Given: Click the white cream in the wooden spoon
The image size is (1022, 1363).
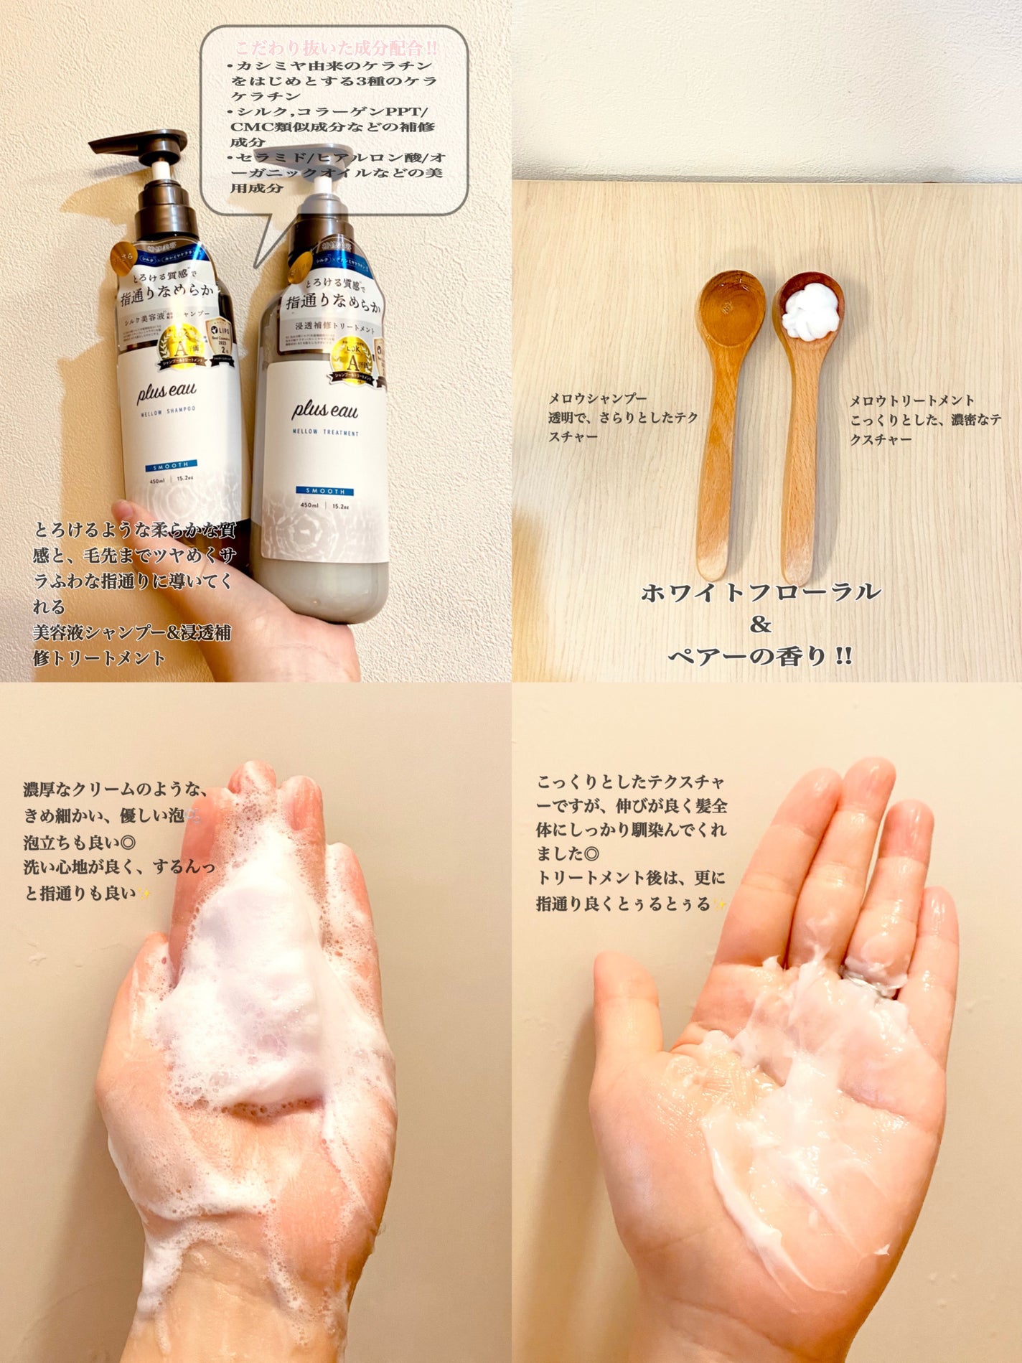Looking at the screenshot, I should tap(810, 314).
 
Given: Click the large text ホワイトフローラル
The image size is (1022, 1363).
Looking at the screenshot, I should tap(761, 593).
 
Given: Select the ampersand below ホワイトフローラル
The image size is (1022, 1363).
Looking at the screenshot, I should tap(760, 624).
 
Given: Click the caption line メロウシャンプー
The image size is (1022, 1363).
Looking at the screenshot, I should tap(598, 399).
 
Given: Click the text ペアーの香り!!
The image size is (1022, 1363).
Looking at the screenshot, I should tap(761, 656).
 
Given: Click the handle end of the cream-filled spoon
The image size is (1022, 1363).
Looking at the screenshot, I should tap(797, 567).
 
